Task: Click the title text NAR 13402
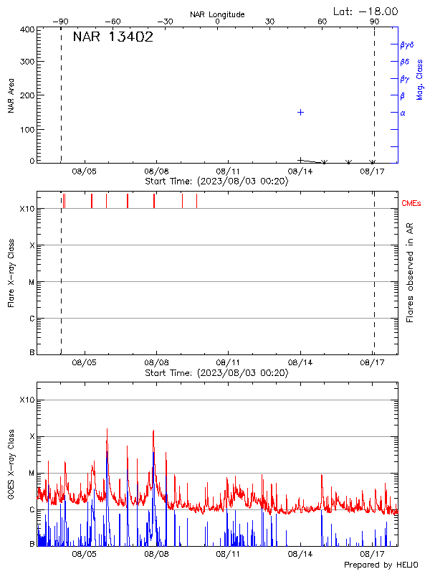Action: point(113,38)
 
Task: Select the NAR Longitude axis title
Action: point(217,14)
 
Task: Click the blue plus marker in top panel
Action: point(301,112)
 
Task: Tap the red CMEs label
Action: point(411,204)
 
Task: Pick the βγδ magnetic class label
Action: point(407,44)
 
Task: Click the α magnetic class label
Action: point(403,113)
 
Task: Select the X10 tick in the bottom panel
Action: point(27,400)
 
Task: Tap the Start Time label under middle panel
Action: point(216,373)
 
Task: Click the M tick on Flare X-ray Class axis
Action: point(32,282)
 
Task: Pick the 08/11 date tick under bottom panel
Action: point(228,554)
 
